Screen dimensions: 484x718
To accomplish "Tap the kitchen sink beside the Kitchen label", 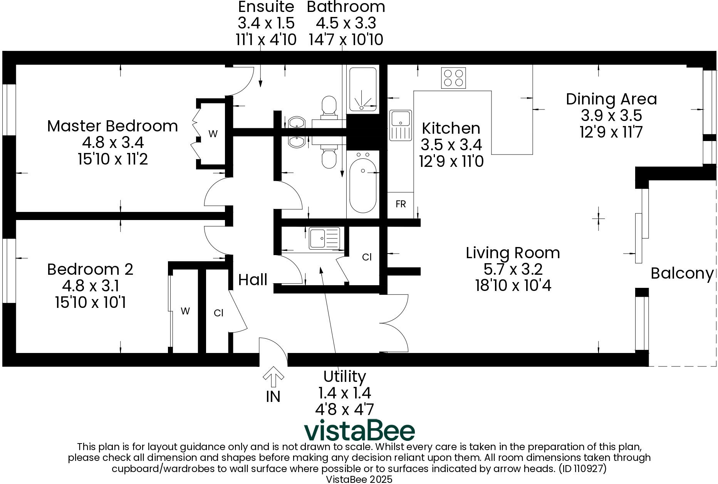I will click(401, 125).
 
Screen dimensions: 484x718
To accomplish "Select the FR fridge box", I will click(401, 204).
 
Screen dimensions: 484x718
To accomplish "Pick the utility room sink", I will click(324, 238).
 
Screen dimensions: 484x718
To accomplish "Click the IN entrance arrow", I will click(273, 377).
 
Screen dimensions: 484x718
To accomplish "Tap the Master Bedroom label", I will click(112, 126).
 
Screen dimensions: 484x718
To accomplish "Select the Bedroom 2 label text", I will click(90, 269).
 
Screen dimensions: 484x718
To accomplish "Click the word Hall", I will click(253, 280).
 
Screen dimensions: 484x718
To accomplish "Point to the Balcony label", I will click(681, 274).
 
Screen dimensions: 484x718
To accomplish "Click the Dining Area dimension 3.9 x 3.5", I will click(611, 116).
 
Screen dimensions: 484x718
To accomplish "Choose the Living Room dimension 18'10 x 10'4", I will click(513, 286).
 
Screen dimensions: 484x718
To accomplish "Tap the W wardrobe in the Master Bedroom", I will click(213, 134).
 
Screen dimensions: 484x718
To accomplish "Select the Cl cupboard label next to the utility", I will click(367, 257).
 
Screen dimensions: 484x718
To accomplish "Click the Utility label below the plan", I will click(344, 376).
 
